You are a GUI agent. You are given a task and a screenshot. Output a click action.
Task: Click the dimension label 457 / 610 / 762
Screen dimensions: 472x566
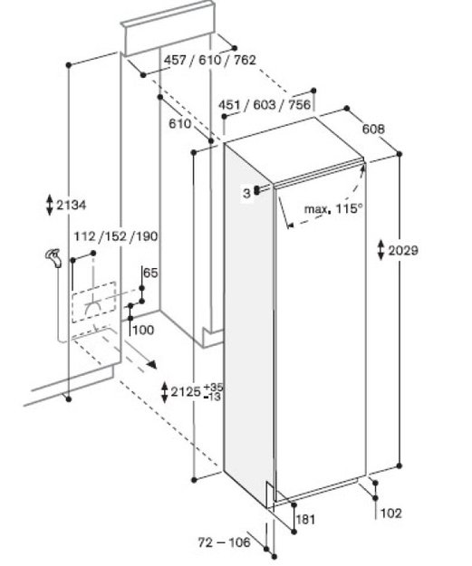(x=210, y=60)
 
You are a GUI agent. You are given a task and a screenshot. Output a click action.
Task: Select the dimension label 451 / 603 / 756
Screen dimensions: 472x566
(x=265, y=105)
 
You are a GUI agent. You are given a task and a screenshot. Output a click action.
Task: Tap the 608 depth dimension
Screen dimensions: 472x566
(x=373, y=129)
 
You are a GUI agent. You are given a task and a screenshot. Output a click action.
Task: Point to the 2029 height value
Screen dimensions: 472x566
(x=403, y=250)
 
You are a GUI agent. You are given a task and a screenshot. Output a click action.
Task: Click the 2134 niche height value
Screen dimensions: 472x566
(x=72, y=206)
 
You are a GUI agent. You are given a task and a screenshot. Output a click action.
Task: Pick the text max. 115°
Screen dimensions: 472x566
(x=332, y=208)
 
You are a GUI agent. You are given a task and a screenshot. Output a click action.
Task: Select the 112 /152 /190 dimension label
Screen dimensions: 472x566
(x=116, y=236)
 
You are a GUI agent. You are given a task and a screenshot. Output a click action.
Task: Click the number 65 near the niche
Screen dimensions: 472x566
(x=150, y=273)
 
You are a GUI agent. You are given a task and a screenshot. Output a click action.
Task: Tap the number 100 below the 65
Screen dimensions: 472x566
(x=143, y=330)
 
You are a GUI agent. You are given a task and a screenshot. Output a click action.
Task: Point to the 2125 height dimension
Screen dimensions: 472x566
(x=186, y=391)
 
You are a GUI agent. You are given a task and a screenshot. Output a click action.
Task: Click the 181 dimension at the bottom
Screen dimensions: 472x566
(x=305, y=520)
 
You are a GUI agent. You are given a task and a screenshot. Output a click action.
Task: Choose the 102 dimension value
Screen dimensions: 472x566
(x=391, y=513)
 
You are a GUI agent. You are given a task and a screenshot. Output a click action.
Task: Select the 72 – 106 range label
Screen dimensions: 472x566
(x=225, y=542)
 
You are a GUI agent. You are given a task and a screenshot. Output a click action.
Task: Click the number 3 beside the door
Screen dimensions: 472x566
(x=246, y=194)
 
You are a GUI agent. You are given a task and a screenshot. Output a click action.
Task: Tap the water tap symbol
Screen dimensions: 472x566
(x=53, y=258)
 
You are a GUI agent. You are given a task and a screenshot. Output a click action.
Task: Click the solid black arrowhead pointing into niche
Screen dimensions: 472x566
(x=151, y=364)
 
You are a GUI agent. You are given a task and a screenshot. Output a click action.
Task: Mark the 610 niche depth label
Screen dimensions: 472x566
(x=180, y=124)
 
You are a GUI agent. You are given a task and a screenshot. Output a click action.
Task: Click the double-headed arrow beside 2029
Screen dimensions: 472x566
(x=381, y=250)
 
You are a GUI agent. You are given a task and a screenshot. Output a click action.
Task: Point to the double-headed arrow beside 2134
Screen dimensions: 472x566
(x=50, y=205)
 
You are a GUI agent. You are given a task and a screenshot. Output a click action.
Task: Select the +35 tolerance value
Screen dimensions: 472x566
(x=214, y=388)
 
